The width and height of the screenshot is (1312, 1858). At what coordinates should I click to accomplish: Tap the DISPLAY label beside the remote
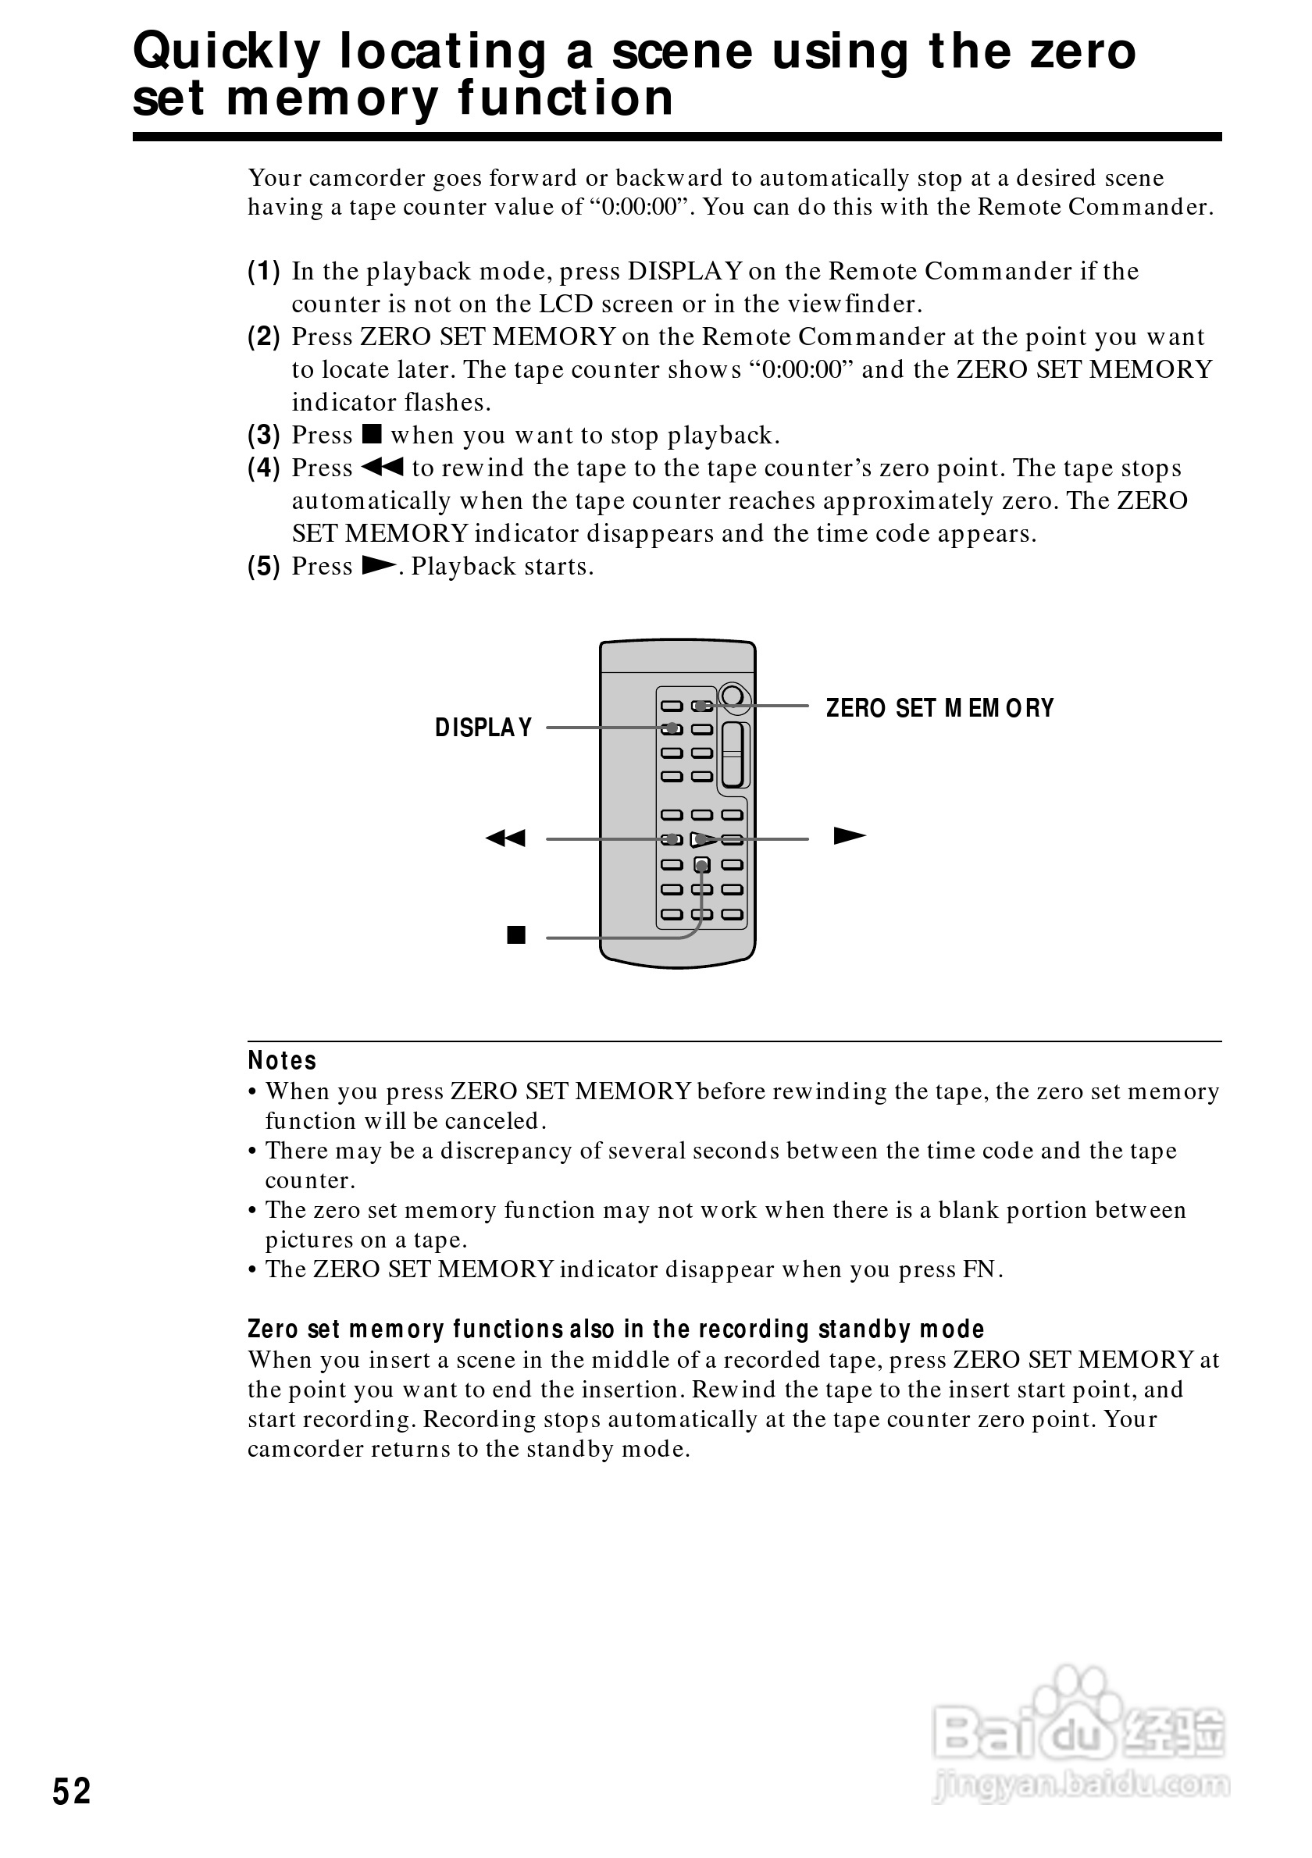click(x=483, y=728)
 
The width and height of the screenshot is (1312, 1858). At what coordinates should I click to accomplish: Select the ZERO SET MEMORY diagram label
click(x=939, y=708)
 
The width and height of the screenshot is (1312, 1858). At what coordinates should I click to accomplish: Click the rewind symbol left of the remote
click(x=505, y=838)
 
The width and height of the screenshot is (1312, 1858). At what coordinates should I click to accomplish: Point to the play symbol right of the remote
click(x=849, y=836)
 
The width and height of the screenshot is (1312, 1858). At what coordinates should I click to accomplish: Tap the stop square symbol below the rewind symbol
click(x=515, y=935)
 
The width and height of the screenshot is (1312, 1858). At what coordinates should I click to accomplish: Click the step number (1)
click(x=264, y=271)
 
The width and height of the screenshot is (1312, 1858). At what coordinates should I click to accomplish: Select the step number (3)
click(x=264, y=436)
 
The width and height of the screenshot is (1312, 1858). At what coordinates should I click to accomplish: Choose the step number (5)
click(x=264, y=567)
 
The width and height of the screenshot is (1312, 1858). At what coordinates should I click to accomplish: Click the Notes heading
click(x=282, y=1060)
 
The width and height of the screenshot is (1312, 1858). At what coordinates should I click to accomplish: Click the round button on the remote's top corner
click(x=733, y=696)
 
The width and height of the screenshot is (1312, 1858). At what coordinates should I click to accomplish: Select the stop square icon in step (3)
click(x=372, y=434)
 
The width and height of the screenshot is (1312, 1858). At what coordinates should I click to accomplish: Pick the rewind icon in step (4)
click(x=382, y=467)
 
